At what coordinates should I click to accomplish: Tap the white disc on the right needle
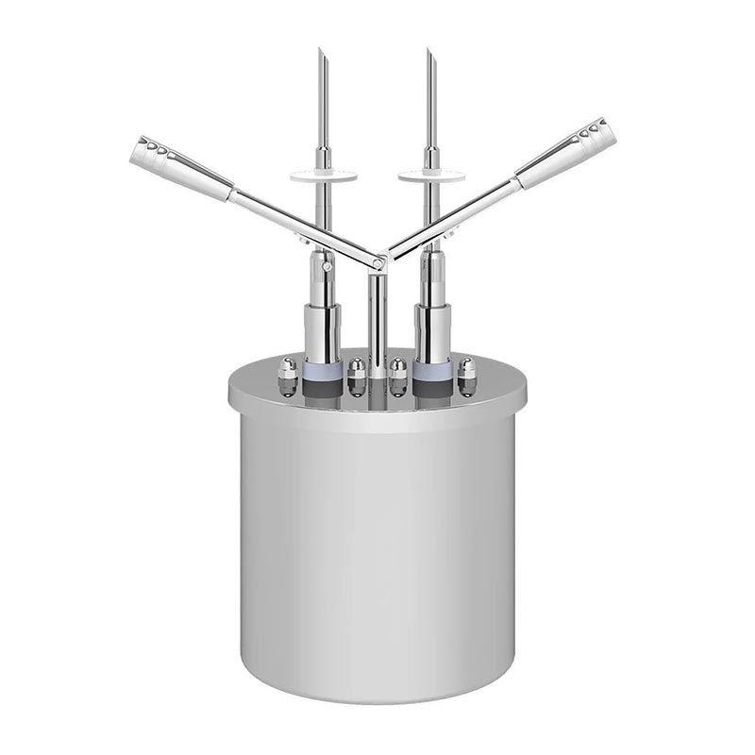coord(429,175)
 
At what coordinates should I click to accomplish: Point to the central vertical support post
coord(377,321)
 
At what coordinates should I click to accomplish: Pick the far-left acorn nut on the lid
coord(286,376)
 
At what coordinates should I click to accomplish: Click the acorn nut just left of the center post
coord(356,376)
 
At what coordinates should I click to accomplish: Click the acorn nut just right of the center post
coord(398,376)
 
